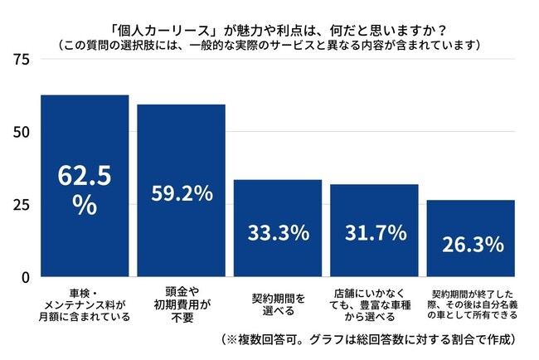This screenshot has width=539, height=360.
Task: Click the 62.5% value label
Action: (84, 190)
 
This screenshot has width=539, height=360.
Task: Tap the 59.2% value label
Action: (182, 194)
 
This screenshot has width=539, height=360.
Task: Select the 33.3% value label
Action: (278, 231)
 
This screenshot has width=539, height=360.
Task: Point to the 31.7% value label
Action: (374, 231)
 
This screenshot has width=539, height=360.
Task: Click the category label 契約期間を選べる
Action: (278, 302)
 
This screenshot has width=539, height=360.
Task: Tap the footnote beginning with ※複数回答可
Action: (369, 340)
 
